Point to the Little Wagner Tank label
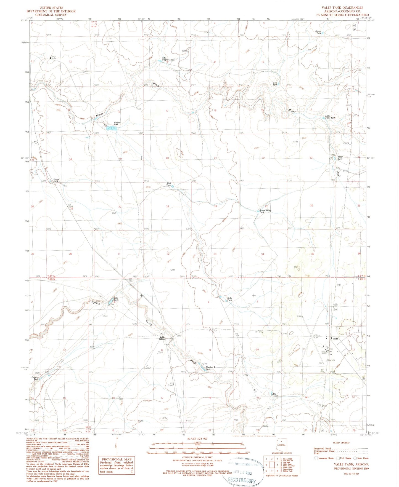click(168, 59)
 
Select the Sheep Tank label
click(318, 32)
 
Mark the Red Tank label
click(168, 184)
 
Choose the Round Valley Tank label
click(265, 211)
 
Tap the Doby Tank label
click(229, 299)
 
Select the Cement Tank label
click(35, 378)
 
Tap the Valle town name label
click(335, 339)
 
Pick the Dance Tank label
click(56, 180)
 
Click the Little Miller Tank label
click(330, 117)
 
